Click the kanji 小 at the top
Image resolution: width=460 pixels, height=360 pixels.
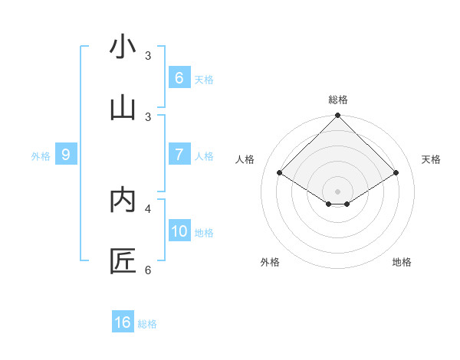coord(122,47)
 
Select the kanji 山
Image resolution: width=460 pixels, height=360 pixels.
coord(122,108)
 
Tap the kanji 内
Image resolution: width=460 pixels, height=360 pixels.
coord(122,200)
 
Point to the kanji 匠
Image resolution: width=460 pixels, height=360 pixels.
coord(122,261)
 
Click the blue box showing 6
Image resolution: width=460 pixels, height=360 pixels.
coord(179,77)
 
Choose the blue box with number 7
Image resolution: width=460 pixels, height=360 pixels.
coord(179,154)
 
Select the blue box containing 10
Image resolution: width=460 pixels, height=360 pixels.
coord(179,231)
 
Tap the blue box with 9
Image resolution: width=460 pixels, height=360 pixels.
coord(65,154)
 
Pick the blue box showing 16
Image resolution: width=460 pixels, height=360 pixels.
coord(122,322)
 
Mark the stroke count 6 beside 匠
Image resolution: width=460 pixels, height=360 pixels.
coord(148,270)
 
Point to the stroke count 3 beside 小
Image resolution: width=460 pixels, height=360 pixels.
coord(148,55)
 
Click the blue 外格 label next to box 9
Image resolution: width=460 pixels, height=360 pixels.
coord(41,155)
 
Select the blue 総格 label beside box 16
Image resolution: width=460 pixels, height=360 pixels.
coord(147,324)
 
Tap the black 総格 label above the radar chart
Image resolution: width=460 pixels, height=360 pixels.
coord(337,100)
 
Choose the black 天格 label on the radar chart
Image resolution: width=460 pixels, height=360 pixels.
coord(431,159)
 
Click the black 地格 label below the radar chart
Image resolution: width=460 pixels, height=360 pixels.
coord(402,262)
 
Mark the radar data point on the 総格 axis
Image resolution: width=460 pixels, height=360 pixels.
coord(337,116)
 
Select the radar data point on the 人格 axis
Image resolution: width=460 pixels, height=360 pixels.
coord(279,173)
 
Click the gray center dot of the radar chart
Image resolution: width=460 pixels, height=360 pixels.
coord(337,191)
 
